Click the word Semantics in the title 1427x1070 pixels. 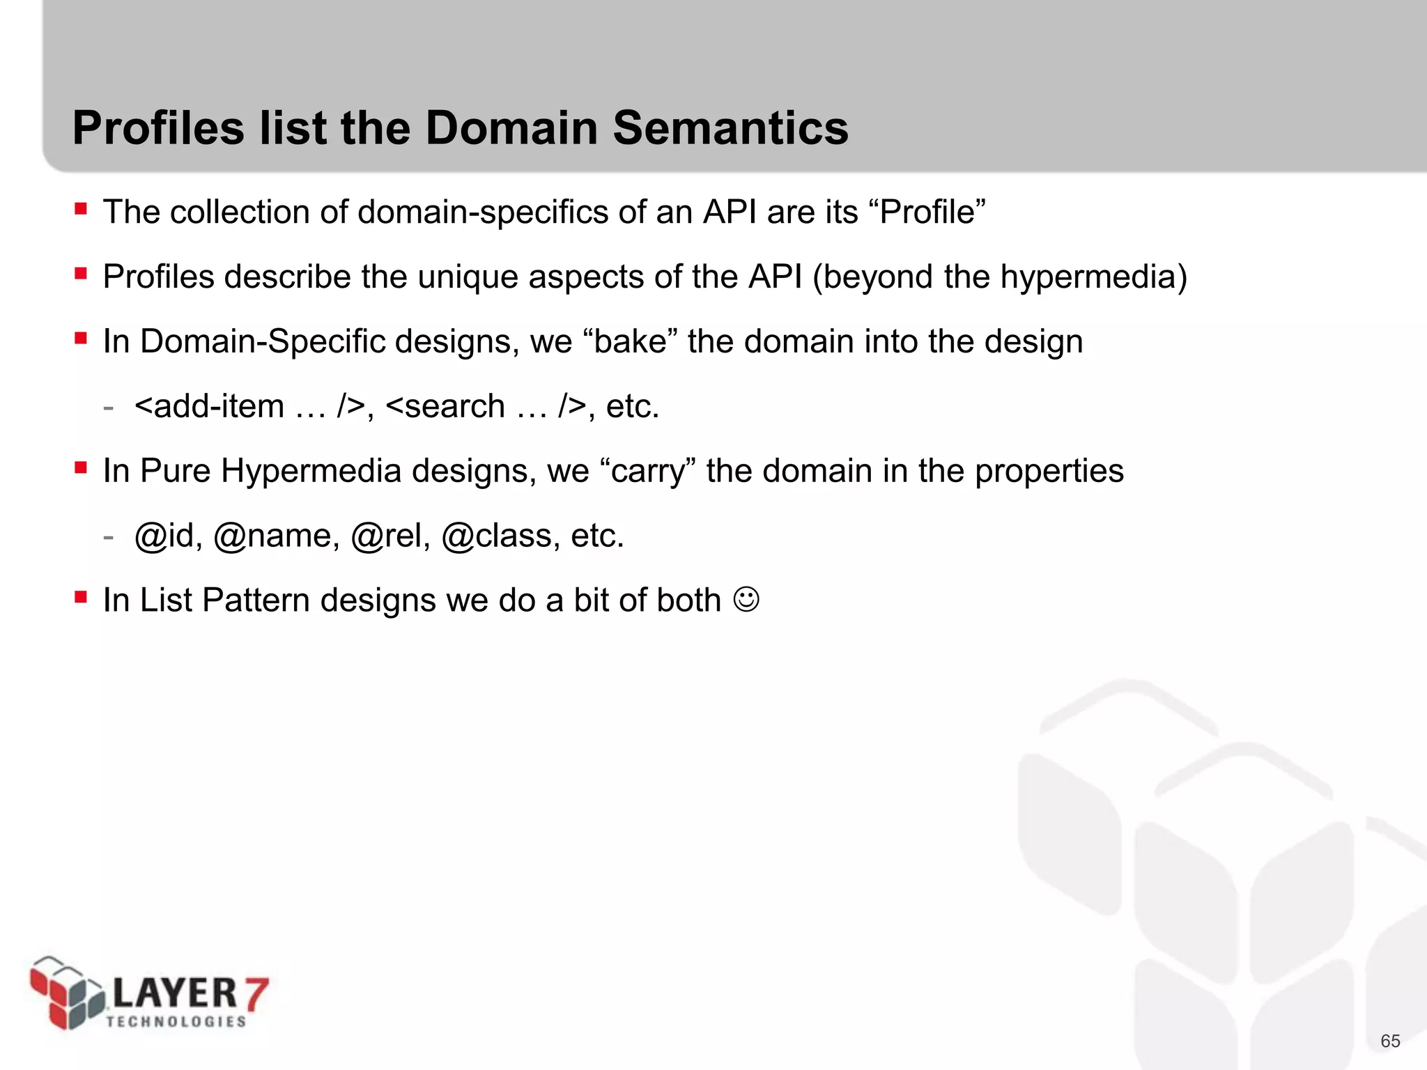pos(730,128)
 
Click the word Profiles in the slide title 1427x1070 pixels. pos(159,128)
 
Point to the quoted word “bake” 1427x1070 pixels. pos(629,341)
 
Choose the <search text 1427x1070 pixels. pos(445,406)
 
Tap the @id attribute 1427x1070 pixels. pos(167,536)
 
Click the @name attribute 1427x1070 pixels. pos(276,536)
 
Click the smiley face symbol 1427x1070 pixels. pos(746,600)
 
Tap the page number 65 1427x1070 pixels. pos(1390,1041)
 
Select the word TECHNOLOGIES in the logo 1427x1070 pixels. pos(176,1021)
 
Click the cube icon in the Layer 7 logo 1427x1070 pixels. pos(67,993)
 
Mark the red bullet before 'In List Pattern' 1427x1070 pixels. pos(81,597)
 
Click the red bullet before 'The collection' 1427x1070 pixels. pos(81,209)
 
